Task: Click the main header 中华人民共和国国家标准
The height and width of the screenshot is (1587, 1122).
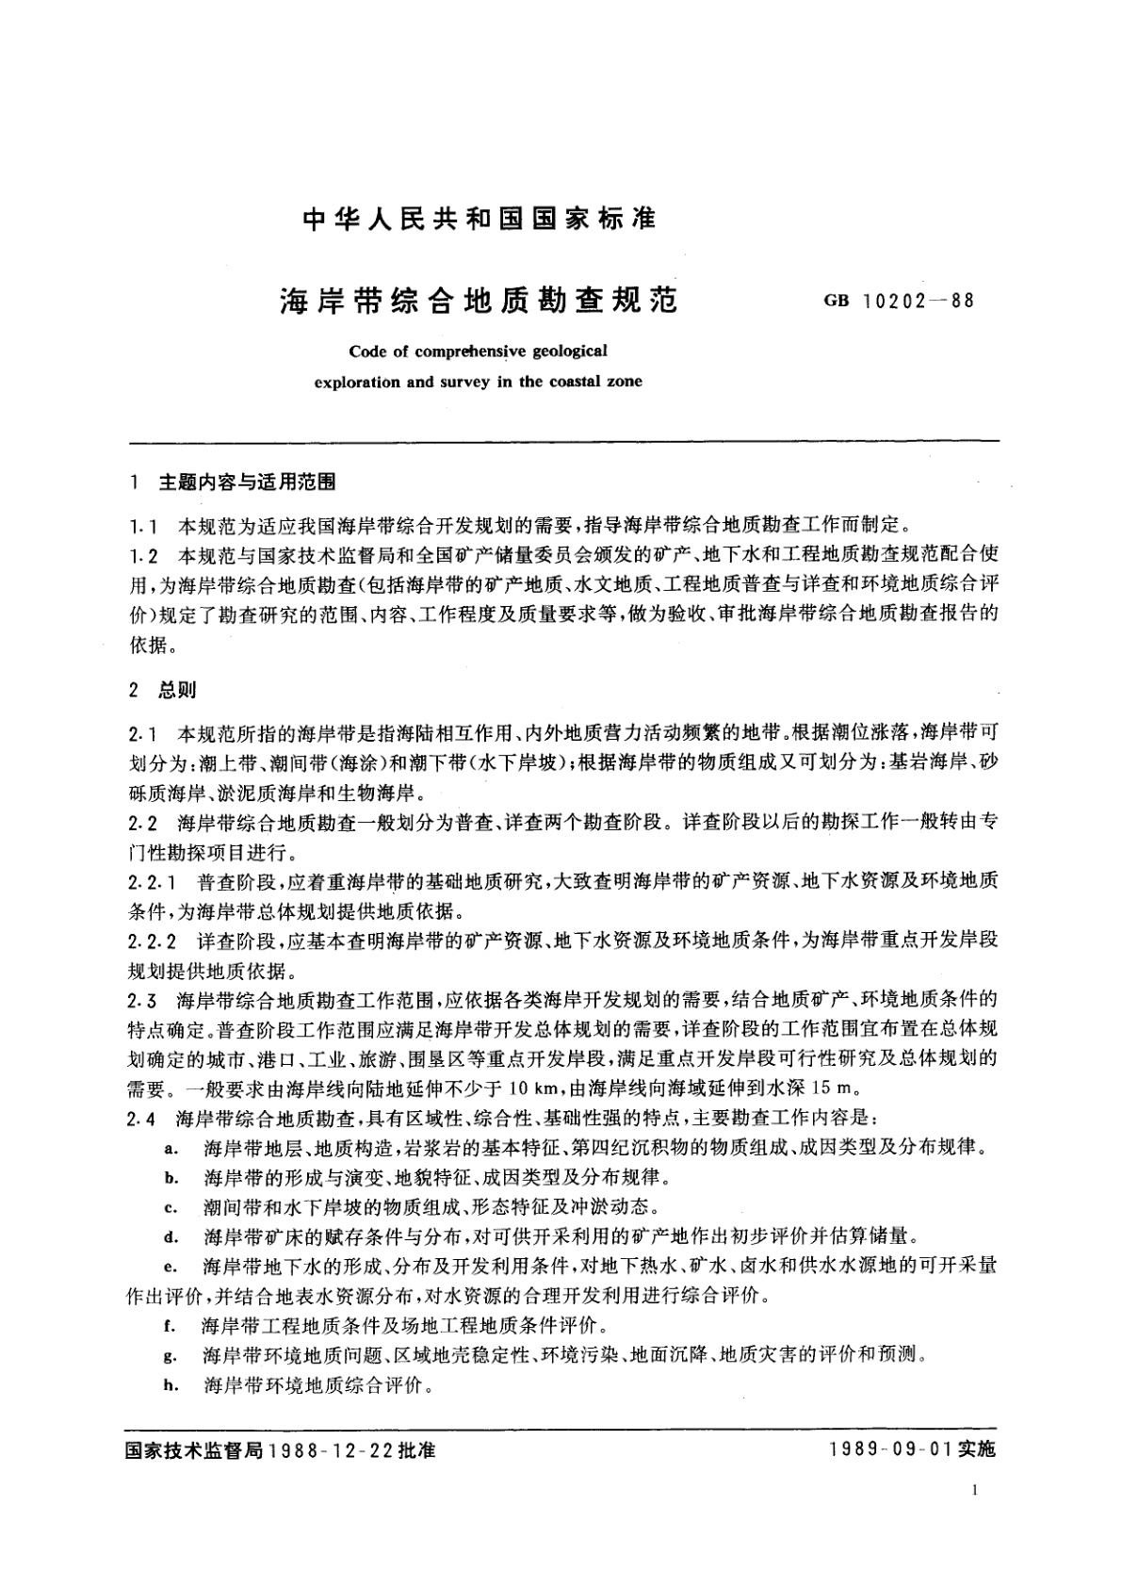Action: tap(480, 220)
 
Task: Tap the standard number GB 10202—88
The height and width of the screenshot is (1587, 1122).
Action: tap(899, 303)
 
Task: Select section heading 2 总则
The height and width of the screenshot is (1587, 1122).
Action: tap(165, 690)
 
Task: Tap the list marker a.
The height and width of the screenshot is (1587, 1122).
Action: tap(171, 1149)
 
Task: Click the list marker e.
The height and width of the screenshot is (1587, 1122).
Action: tap(171, 1267)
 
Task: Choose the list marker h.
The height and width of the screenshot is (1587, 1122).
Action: tap(171, 1385)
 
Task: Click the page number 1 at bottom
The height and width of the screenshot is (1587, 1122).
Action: tap(974, 1516)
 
